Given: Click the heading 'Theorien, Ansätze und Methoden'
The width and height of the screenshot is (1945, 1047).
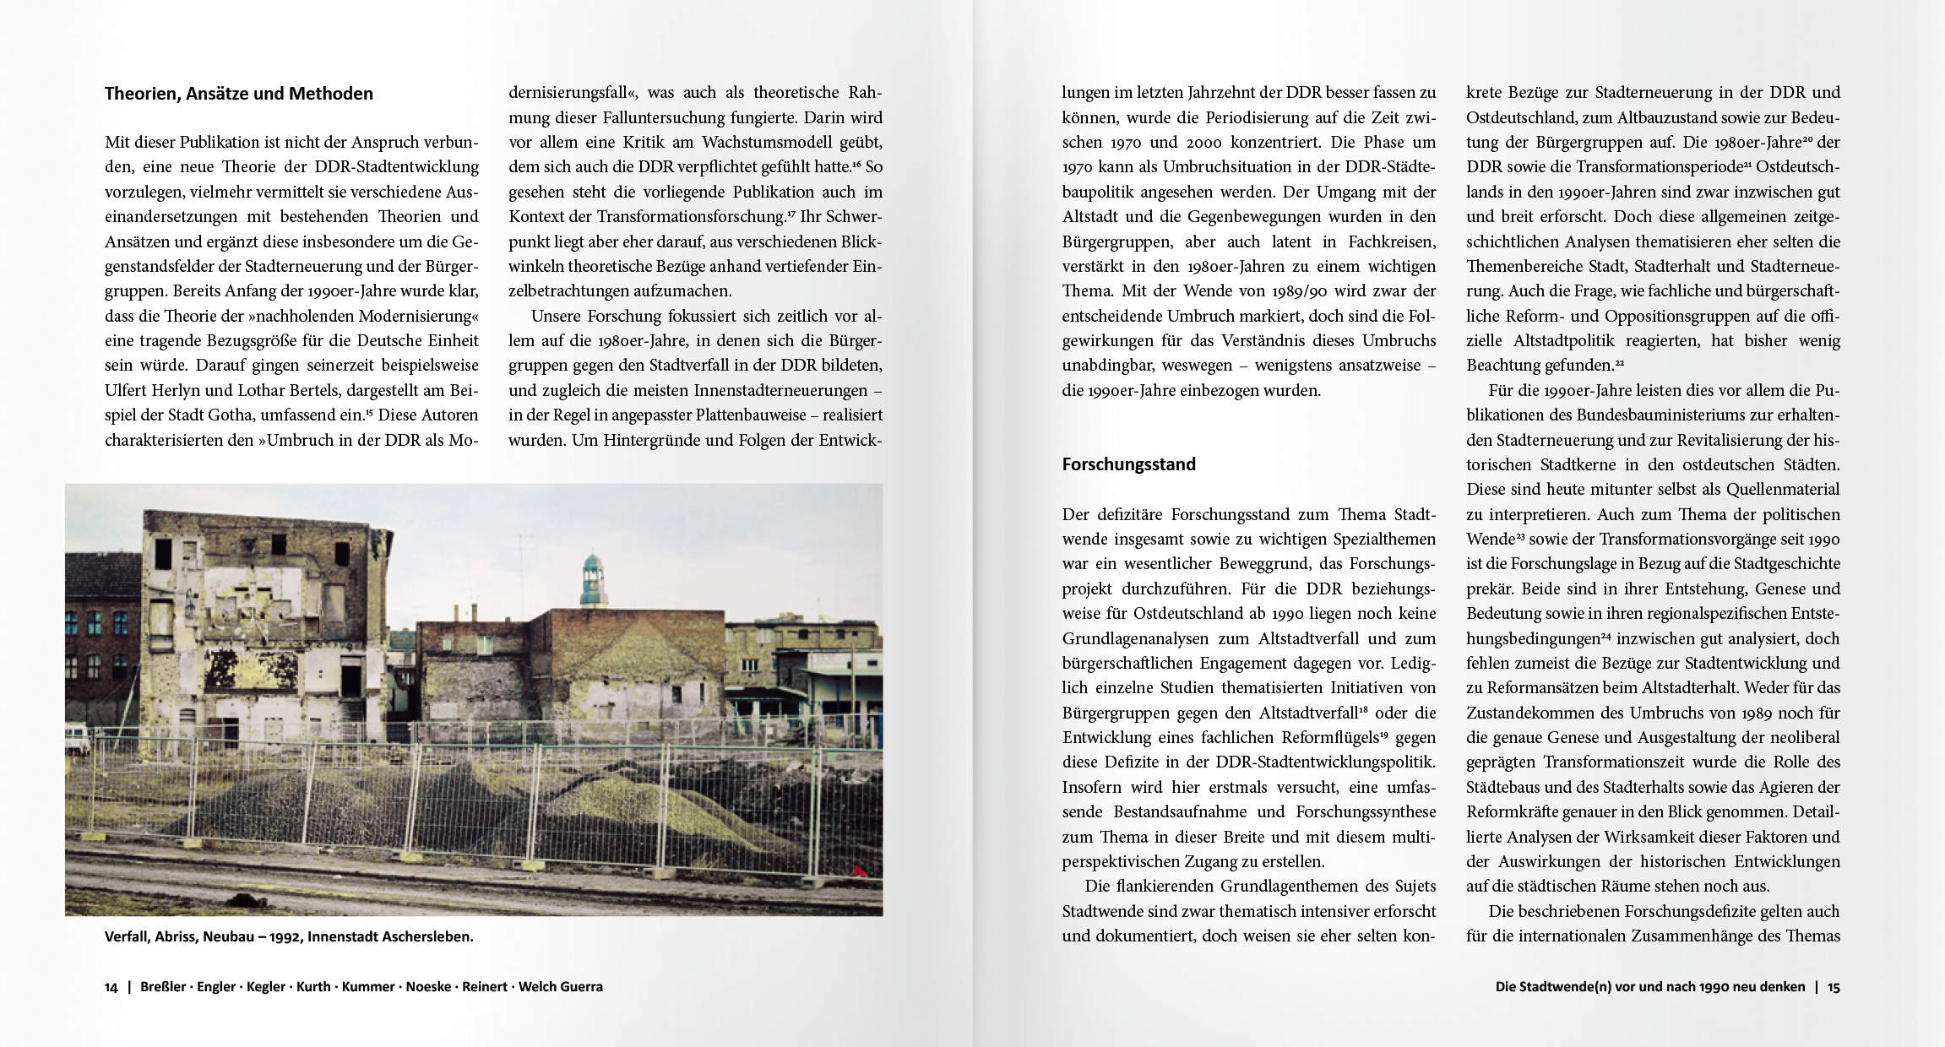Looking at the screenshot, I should tap(238, 94).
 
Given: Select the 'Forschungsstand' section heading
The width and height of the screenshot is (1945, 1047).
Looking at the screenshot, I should tap(1128, 464).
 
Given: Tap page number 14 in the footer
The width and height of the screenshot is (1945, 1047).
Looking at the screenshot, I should tap(111, 987).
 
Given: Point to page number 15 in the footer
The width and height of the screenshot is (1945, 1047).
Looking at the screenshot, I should tap(1834, 987).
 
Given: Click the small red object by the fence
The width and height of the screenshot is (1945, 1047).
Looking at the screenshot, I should tap(861, 871).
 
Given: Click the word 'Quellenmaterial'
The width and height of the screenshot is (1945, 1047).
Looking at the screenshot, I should tap(1782, 490).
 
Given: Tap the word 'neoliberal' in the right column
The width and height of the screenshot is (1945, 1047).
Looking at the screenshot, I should tap(1801, 737).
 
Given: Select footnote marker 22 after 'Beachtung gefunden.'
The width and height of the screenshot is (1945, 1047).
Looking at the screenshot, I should tap(1619, 363).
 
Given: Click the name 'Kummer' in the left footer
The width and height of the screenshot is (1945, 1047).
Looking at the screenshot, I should tap(368, 987).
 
